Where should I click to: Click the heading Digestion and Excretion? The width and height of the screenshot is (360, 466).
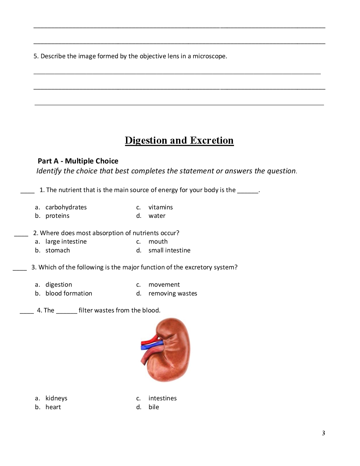[179, 141]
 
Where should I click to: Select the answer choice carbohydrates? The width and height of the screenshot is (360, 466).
[66, 207]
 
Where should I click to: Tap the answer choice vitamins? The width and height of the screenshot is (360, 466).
[161, 207]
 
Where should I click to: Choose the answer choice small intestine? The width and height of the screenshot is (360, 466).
[169, 250]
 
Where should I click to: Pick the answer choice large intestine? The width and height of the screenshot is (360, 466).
[66, 241]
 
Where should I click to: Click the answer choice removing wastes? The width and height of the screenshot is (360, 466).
[173, 293]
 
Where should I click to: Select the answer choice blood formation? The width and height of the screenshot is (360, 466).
[69, 293]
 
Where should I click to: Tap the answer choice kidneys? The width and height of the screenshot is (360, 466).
[56, 398]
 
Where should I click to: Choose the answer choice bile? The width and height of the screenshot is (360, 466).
[154, 407]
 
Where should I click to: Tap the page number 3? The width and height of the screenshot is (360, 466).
[323, 433]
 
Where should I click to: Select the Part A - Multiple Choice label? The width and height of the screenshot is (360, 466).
[78, 161]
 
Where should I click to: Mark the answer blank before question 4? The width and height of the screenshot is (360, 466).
[27, 312]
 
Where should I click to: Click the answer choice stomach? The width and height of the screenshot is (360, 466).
[58, 250]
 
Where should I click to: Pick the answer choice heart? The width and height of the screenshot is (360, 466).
[53, 407]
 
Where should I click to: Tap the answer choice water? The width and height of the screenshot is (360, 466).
[157, 216]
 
